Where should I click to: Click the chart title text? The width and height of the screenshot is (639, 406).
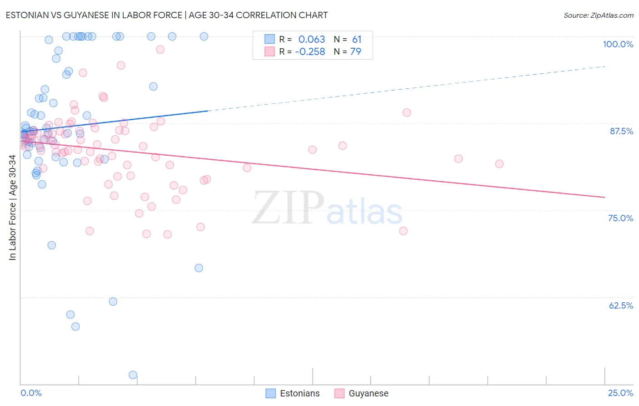[166, 15]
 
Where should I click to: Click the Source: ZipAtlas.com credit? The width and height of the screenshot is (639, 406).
[598, 15]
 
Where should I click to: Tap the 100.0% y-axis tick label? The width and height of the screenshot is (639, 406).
[618, 44]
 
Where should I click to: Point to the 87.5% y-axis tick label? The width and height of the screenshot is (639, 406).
[621, 131]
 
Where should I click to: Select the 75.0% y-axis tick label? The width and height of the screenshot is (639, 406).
[620, 218]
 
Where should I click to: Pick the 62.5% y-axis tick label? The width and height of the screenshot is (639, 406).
[621, 305]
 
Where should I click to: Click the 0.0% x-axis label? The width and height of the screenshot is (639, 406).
[31, 393]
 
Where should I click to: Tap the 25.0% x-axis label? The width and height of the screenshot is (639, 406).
[620, 393]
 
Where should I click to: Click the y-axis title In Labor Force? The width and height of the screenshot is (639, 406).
[12, 208]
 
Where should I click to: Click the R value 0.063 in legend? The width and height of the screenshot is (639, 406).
[311, 40]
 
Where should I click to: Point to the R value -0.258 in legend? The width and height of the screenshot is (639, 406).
[310, 52]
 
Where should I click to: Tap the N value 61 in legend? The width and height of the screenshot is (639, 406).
[356, 40]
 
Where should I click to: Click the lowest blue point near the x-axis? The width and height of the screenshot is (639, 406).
[133, 375]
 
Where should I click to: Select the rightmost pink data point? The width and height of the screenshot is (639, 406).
[499, 164]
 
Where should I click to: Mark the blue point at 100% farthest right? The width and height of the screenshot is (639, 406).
[204, 36]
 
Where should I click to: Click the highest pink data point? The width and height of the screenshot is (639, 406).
[160, 49]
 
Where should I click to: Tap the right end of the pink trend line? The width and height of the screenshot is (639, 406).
[605, 197]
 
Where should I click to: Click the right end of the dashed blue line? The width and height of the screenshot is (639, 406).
[605, 66]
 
